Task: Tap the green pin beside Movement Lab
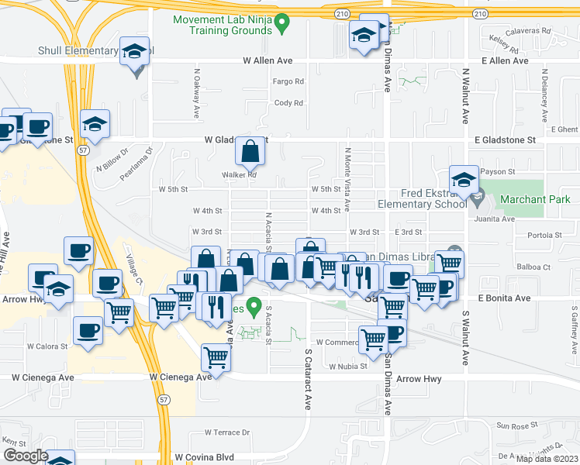pyautogui.click(x=282, y=24)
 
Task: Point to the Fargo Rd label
pyautogui.click(x=288, y=81)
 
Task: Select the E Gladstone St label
pyautogui.click(x=504, y=140)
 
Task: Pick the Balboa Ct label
pyautogui.click(x=535, y=267)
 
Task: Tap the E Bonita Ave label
pyautogui.click(x=504, y=298)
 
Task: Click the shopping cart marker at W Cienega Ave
pyautogui.click(x=216, y=359)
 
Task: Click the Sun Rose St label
pyautogui.click(x=517, y=426)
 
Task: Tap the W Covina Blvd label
pyautogui.click(x=205, y=458)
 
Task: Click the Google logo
pyautogui.click(x=25, y=456)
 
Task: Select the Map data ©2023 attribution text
pyautogui.click(x=546, y=459)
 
